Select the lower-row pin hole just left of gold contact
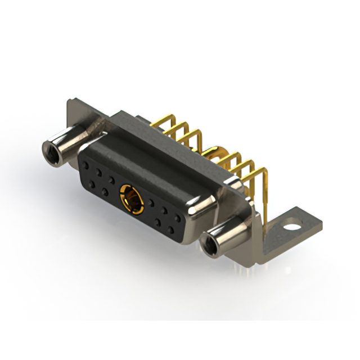click(105, 192)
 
